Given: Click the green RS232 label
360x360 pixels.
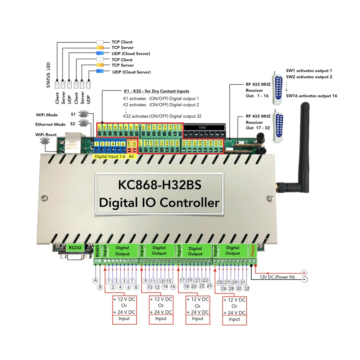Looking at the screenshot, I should (75, 248).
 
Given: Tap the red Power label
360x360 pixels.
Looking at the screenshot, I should (253, 250).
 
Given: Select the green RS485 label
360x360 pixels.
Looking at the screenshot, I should (97, 251).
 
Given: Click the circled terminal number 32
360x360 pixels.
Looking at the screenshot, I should (247, 288).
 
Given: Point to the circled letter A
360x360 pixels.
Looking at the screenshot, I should (95, 280).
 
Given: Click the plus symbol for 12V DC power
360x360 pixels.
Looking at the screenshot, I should (304, 273).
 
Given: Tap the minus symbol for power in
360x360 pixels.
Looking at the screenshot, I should (304, 279).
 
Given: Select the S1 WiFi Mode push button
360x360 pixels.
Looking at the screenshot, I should (83, 114).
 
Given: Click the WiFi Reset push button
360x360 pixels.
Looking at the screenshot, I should (45, 141).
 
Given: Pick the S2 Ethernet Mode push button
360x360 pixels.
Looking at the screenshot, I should (83, 123).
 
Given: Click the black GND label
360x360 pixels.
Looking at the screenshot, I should (202, 127).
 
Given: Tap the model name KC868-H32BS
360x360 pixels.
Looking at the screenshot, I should (160, 185).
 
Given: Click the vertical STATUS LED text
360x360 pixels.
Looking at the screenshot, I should (48, 75).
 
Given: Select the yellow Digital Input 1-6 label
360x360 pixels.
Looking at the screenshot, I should (110, 156).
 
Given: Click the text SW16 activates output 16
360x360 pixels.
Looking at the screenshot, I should (311, 96).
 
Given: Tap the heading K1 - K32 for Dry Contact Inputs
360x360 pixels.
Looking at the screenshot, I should (157, 91).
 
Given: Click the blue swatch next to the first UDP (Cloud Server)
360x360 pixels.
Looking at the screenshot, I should (100, 53).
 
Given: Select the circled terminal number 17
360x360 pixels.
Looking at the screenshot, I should (182, 280).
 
